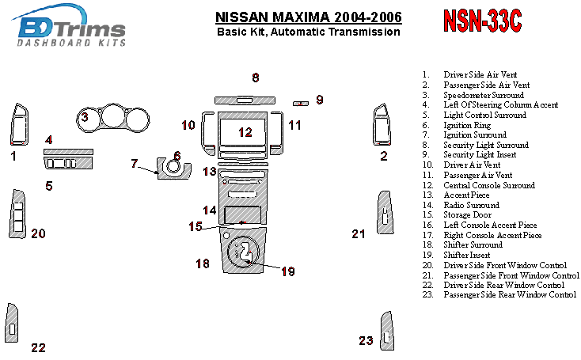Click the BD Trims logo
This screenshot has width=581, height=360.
click(x=71, y=30)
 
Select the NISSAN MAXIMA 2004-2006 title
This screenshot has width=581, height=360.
click(x=308, y=17)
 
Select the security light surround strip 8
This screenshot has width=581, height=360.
click(x=245, y=99)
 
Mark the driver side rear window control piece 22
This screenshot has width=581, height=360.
click(x=13, y=324)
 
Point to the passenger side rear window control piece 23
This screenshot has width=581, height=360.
click(x=387, y=330)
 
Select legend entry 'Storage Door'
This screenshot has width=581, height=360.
click(x=466, y=215)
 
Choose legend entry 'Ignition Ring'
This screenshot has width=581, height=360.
click(x=467, y=125)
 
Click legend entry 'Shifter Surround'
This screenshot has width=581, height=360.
click(x=472, y=245)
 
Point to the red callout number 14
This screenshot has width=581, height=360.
click(x=209, y=210)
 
